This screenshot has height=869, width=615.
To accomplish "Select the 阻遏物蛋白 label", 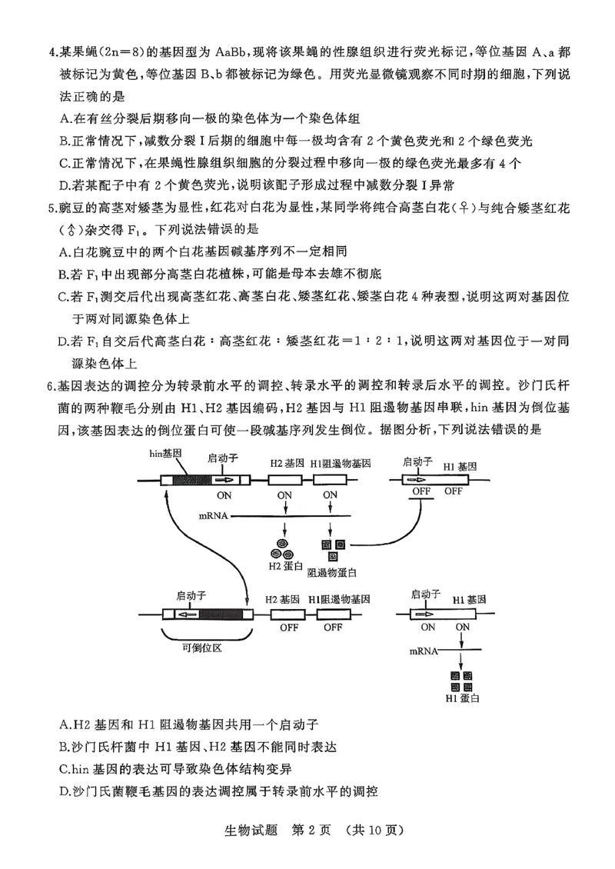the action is coord(332,573).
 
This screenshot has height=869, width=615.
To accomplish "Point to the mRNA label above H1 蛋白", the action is coord(424,651).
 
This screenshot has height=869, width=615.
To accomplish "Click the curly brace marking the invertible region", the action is coord(206,634).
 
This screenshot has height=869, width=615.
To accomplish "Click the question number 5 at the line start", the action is coord(51,208).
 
